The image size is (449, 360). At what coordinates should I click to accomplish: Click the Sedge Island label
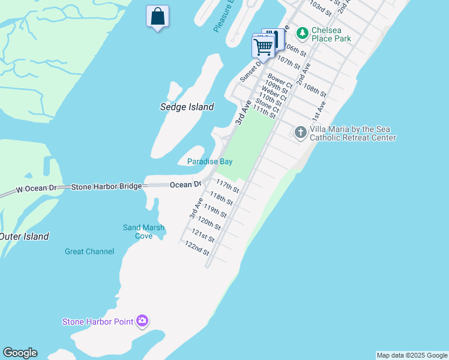point(187,107)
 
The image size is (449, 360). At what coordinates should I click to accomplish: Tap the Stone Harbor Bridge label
point(106,187)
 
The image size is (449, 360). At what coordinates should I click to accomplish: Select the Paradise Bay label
point(209,161)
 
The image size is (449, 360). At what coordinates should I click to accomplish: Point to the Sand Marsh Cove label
point(143,232)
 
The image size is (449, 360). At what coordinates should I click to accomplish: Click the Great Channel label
point(89,251)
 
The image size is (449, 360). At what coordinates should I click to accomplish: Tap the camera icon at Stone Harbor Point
point(142,321)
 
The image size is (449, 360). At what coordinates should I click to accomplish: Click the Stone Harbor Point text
point(98,322)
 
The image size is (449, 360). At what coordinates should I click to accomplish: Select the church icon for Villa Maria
point(301,131)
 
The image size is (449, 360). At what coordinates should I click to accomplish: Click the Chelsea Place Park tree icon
point(303,32)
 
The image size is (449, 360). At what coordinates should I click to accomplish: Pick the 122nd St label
point(197,248)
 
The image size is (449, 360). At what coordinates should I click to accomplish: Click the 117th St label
point(228,186)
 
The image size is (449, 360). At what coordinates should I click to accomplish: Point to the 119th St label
point(215,211)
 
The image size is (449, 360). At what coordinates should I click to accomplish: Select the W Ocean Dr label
point(35,189)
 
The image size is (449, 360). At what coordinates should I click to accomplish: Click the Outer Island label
point(24,236)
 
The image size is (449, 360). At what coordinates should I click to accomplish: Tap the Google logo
point(20,353)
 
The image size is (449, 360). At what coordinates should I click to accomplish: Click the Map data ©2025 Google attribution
point(412,355)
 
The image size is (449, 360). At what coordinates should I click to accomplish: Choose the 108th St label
point(315,90)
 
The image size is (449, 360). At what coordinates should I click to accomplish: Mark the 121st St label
point(203,235)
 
